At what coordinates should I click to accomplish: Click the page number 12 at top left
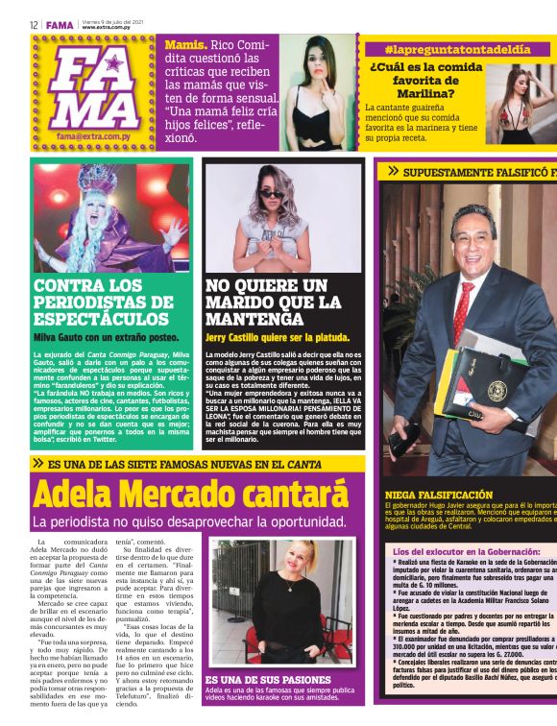[34, 25]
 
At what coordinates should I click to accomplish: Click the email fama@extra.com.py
[93, 136]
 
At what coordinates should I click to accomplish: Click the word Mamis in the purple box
[185, 44]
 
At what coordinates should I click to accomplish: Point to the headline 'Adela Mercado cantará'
[190, 495]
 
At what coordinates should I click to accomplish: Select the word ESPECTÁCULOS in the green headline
[101, 318]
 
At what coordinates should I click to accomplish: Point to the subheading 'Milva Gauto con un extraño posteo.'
[107, 337]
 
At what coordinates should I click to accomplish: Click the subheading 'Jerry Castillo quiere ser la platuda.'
[278, 337]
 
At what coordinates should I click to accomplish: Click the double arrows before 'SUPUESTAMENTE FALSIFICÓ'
[393, 171]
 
